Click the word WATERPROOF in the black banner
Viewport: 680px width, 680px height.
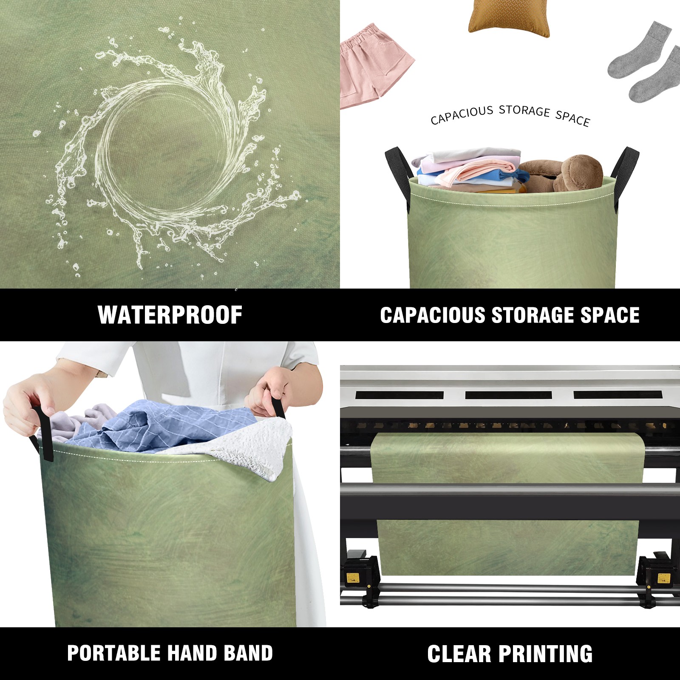(170, 315)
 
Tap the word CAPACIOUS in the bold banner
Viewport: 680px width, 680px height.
(433, 315)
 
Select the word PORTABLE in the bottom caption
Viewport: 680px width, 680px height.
(113, 653)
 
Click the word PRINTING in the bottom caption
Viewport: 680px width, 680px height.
(545, 654)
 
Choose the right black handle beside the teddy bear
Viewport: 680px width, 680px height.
(625, 174)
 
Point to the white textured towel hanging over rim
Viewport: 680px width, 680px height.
(251, 446)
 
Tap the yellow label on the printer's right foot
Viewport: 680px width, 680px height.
(663, 578)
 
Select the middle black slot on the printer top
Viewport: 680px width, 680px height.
(509, 395)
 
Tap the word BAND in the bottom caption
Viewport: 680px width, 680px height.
(248, 653)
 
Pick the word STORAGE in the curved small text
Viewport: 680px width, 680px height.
(524, 111)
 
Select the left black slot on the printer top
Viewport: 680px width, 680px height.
(399, 395)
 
